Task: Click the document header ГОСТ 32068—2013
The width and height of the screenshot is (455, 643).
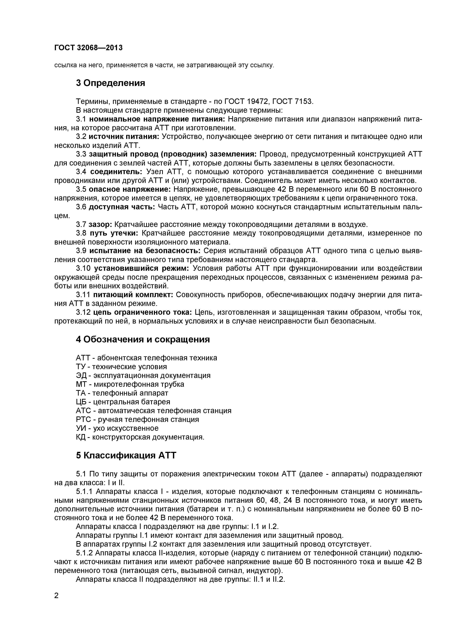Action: tap(88, 48)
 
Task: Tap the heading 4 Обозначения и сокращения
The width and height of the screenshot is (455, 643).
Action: tap(143, 339)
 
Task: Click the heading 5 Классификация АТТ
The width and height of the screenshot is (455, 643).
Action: tap(126, 455)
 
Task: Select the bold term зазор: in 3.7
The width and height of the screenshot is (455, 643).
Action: tap(100, 225)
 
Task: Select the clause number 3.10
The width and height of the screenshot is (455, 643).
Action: tap(83, 268)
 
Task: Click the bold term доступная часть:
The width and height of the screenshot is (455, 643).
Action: tap(122, 207)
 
